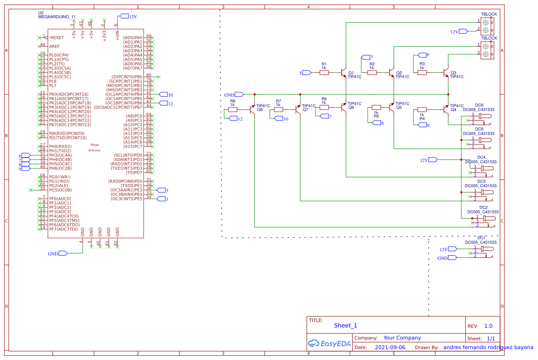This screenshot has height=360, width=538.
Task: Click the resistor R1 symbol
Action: (x=324, y=73)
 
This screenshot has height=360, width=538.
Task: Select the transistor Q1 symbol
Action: (x=344, y=73)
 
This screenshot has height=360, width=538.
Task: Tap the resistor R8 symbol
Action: (x=233, y=110)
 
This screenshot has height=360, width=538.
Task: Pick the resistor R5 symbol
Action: (x=376, y=107)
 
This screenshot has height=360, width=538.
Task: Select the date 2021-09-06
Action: (x=390, y=347)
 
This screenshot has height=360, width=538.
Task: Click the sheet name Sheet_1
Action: (x=345, y=326)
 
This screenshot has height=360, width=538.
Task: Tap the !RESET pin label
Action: (x=56, y=38)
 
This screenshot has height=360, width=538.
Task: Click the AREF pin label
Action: (x=54, y=46)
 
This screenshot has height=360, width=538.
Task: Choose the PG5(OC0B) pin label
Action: (x=60, y=190)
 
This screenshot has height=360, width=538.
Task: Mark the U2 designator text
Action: (x=41, y=13)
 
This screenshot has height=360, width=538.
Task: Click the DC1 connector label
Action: (x=481, y=238)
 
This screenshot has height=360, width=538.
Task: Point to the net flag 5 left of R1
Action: (x=306, y=73)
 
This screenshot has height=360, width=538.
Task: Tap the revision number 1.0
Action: (x=488, y=326)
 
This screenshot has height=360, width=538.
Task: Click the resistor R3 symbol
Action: (x=422, y=73)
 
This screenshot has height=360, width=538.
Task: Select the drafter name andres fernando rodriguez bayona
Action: (x=488, y=347)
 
